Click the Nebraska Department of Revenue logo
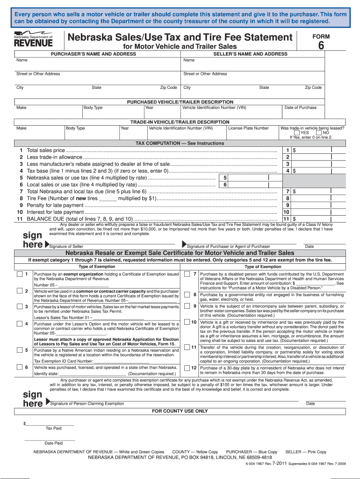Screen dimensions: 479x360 pyautogui.click(x=33, y=40)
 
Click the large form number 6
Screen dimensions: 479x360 pyautogui.click(x=321, y=45)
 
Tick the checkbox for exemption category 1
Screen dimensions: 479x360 pyautogui.click(x=19, y=274)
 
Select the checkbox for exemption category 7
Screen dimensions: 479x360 pyautogui.click(x=186, y=274)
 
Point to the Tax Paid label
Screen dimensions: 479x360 pyautogui.click(x=53, y=428)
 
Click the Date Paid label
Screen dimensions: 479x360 pyautogui.click(x=53, y=443)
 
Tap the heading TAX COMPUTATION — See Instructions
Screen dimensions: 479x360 pyautogui.click(x=180, y=143)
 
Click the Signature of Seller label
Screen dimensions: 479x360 pyautogui.click(x=66, y=247)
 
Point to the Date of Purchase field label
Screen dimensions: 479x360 pyautogui.click(x=300, y=108)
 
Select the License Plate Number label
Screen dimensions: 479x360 pyautogui.click(x=248, y=128)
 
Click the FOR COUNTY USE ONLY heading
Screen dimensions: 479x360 pyautogui.click(x=180, y=411)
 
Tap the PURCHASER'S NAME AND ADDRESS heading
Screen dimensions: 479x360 pyautogui.click(x=94, y=54)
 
